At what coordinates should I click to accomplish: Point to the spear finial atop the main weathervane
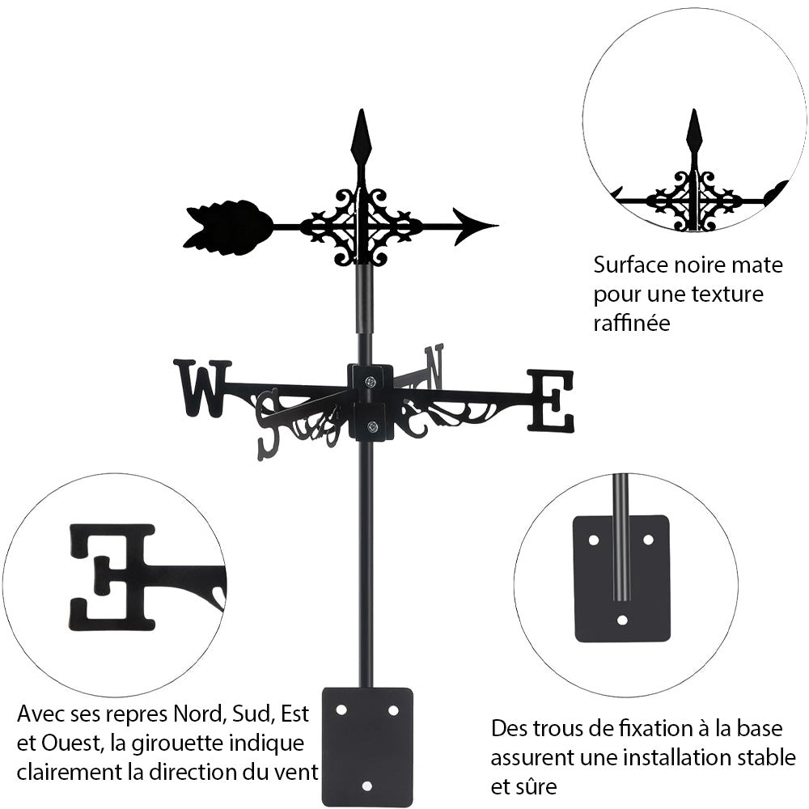click(361, 141)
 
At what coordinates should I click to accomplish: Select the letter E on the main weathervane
click(551, 400)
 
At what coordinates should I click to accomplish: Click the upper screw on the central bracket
click(370, 381)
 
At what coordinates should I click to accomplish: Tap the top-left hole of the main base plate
click(341, 709)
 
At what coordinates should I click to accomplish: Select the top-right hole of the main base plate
click(393, 709)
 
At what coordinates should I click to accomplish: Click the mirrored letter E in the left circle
click(112, 576)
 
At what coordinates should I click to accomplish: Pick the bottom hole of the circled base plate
click(622, 621)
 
